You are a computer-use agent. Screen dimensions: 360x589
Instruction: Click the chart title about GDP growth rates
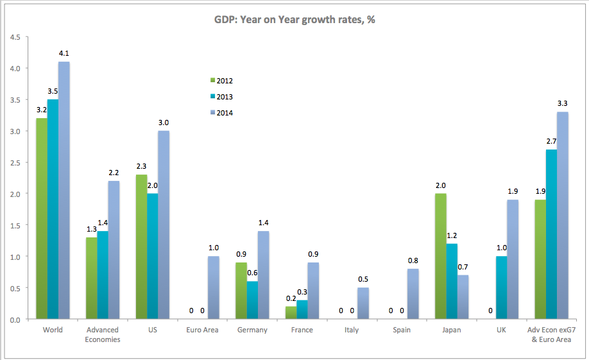pyautogui.click(x=294, y=20)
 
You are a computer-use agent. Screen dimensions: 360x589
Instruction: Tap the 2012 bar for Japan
pyautogui.click(x=441, y=257)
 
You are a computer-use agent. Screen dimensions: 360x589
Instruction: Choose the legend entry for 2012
pyautogui.click(x=222, y=81)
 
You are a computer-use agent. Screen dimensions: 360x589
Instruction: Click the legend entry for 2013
pyautogui.click(x=222, y=97)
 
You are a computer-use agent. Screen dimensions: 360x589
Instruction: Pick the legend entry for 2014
pyautogui.click(x=222, y=113)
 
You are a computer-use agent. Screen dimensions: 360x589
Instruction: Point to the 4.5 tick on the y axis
pyautogui.click(x=15, y=37)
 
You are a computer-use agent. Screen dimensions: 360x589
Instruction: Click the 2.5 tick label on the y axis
pyautogui.click(x=15, y=162)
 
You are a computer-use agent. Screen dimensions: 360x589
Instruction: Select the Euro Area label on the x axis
pyautogui.click(x=202, y=330)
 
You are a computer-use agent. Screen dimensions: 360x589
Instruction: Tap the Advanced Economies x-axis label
pyautogui.click(x=103, y=334)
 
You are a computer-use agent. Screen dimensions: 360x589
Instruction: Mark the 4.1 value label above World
pyautogui.click(x=64, y=54)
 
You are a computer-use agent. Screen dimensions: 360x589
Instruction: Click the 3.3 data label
pyautogui.click(x=562, y=103)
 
